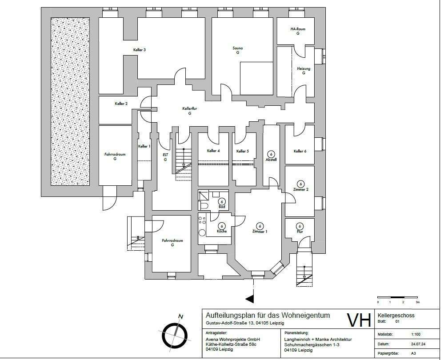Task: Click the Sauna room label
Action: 238,48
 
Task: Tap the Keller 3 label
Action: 140,50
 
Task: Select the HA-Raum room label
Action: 298,29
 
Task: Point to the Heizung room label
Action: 304,69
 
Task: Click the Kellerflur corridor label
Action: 189,108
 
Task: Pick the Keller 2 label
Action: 121,104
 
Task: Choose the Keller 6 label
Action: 300,151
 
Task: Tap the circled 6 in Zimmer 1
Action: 260,225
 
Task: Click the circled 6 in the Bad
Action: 222,202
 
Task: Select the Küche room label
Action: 222,232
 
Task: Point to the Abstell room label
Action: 271,160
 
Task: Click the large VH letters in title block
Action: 358,320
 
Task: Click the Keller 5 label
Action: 243,151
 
